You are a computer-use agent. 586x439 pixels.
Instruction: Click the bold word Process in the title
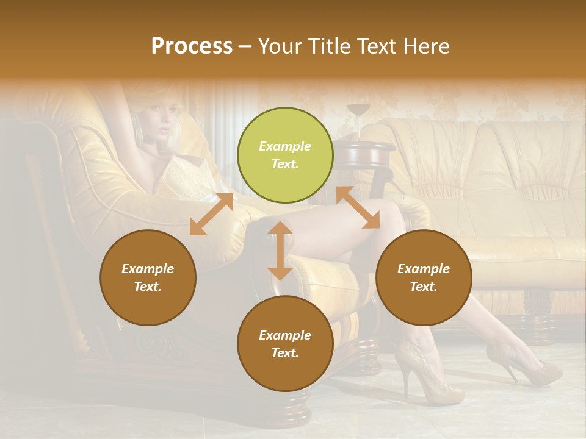(192, 46)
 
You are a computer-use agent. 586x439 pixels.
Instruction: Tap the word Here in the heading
(426, 46)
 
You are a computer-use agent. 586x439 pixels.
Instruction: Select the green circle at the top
(285, 155)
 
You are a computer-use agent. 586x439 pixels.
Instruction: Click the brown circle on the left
(148, 277)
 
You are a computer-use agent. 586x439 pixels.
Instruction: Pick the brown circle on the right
(424, 277)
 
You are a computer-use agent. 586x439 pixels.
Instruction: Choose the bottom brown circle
(285, 344)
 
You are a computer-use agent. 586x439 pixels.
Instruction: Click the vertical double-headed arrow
(280, 251)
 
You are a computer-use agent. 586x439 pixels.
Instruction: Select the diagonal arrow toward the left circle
(211, 214)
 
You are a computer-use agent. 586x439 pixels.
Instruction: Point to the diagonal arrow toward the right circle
(358, 208)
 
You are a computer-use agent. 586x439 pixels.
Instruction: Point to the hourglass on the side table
(358, 116)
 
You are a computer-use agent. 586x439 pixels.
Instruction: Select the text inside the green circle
(285, 155)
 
